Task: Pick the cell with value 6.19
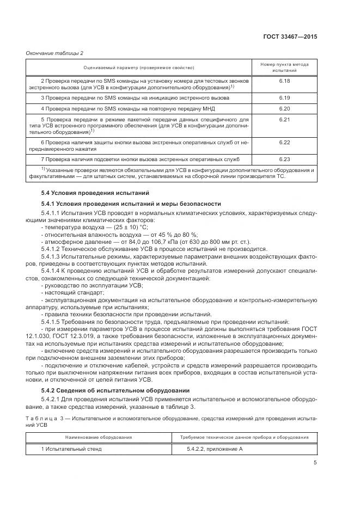(x=284, y=97)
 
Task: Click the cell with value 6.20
(x=284, y=108)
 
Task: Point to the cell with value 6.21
(x=284, y=119)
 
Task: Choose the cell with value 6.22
(x=284, y=142)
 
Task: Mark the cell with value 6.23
(x=284, y=159)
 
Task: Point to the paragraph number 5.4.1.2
(x=52, y=248)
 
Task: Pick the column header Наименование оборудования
(x=99, y=437)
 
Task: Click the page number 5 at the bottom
(x=315, y=463)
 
